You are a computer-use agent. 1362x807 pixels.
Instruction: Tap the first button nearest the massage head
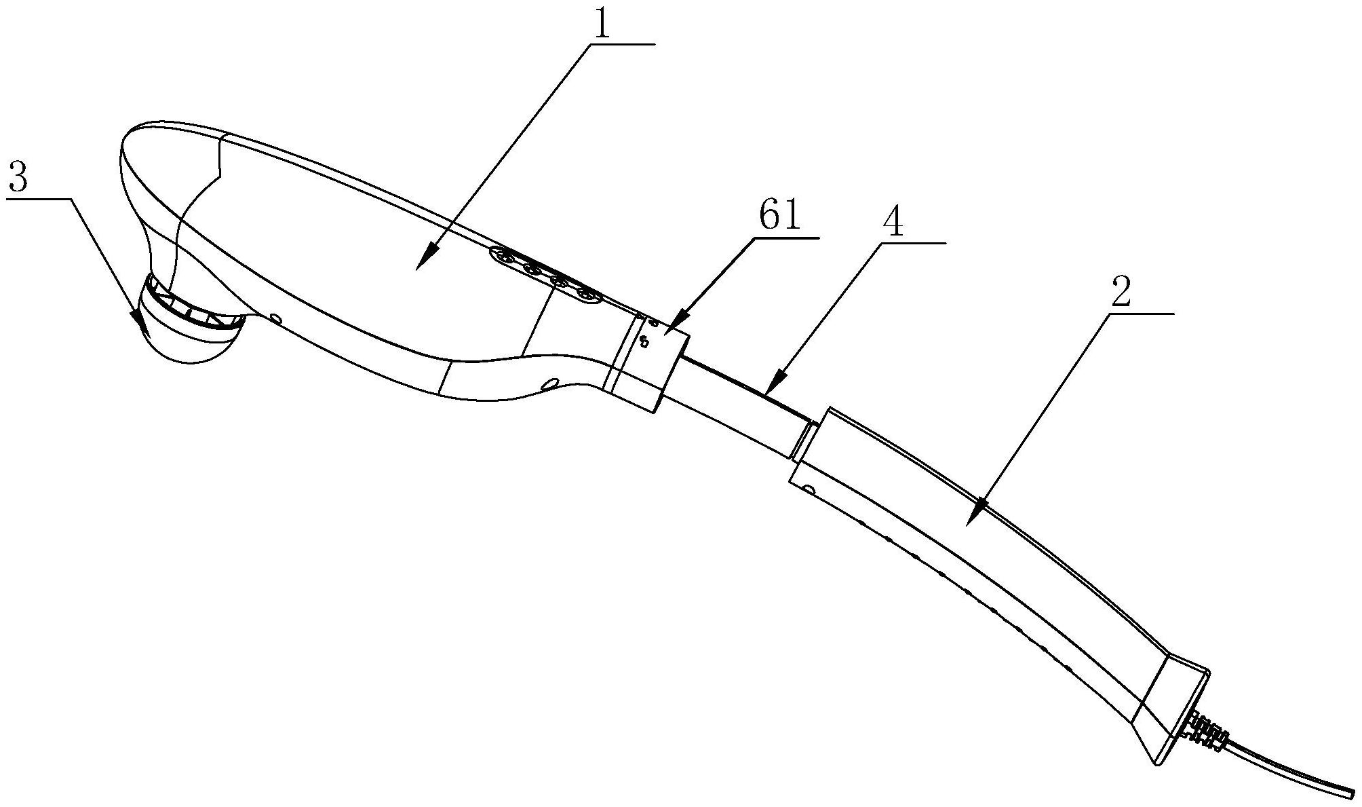504,256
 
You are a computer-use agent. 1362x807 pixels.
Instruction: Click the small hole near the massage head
275,318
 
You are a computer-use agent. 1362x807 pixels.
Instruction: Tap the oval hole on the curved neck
551,384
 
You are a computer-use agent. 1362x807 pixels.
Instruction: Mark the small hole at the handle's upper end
808,489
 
